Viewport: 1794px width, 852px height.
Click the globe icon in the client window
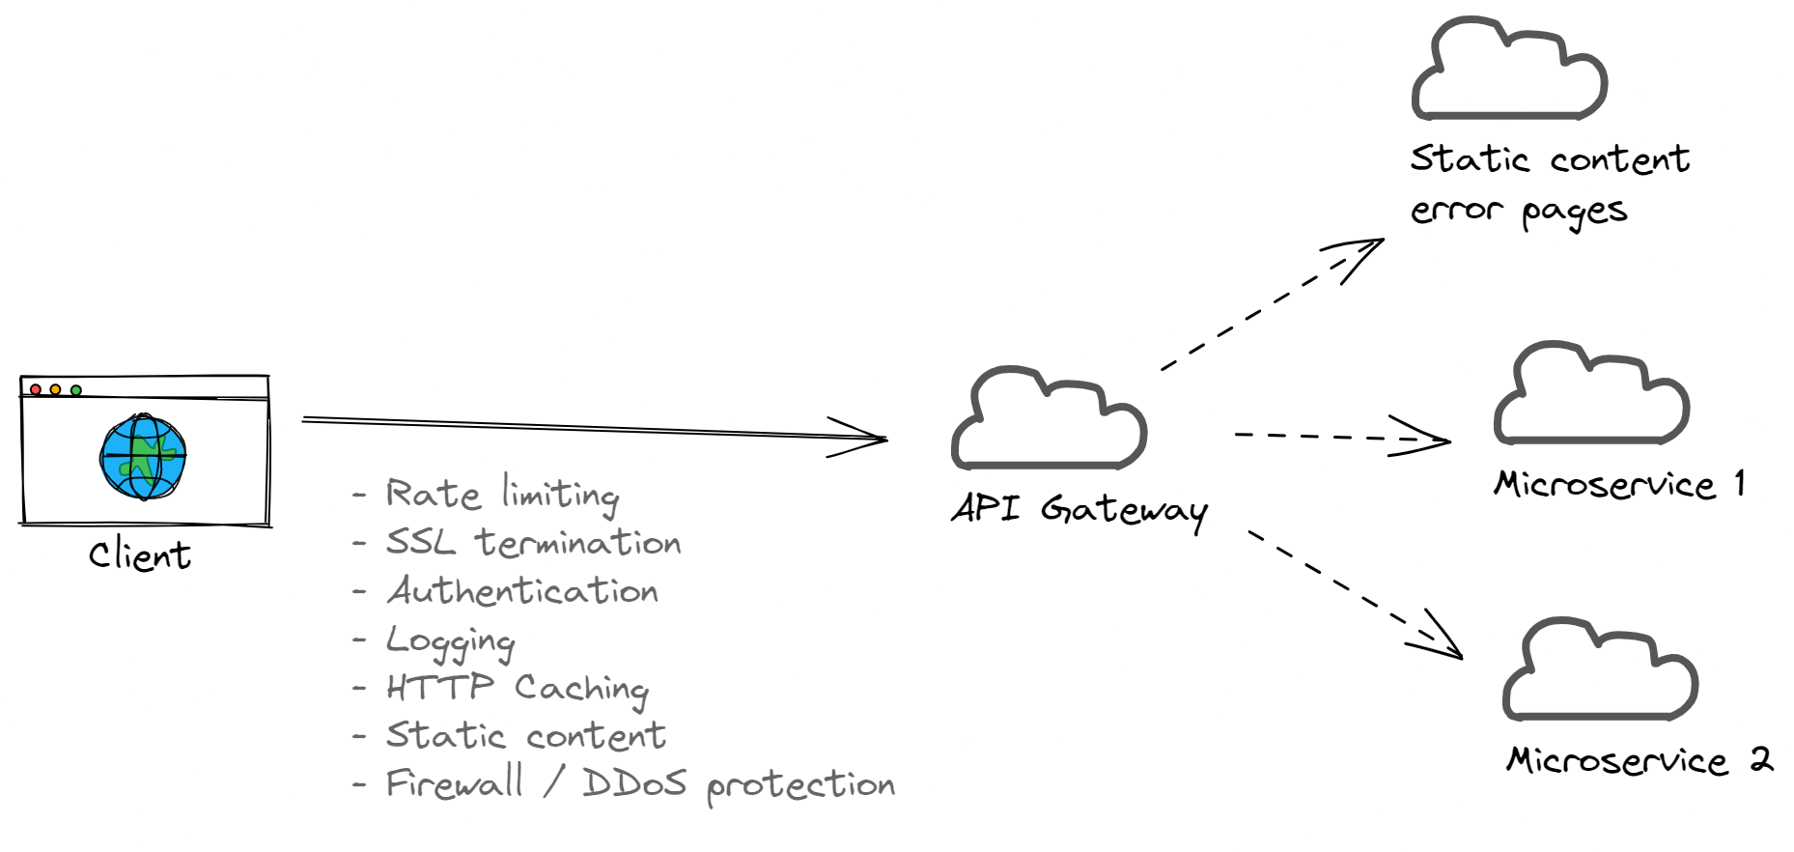point(143,457)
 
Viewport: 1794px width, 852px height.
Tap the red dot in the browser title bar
point(36,389)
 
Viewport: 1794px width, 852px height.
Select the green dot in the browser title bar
point(76,389)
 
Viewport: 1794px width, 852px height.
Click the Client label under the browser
point(140,555)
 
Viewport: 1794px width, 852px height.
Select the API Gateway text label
point(1079,509)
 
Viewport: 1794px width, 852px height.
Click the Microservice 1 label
point(1619,484)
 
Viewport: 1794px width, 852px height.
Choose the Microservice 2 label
point(1639,760)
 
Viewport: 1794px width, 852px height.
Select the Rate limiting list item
point(502,495)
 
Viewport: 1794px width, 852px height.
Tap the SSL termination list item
point(533,543)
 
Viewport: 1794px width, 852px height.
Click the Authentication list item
point(522,591)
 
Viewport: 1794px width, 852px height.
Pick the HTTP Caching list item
point(518,689)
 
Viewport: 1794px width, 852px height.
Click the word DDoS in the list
point(633,783)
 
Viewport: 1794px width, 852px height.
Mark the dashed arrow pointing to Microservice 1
point(1342,438)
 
